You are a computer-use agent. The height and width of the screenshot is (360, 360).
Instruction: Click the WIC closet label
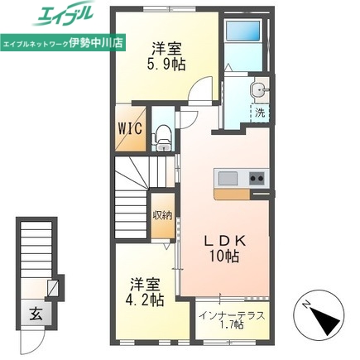point(130,128)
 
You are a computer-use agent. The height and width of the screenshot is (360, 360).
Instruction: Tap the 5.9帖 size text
point(166,65)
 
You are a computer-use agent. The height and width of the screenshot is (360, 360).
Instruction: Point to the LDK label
point(224,242)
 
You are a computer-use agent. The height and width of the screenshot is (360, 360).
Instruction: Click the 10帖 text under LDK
point(224,257)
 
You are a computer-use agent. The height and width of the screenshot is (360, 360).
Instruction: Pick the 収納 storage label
point(163,215)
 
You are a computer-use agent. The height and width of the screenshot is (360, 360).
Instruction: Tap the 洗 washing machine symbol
point(260,113)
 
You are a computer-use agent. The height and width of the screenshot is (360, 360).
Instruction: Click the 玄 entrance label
point(36,314)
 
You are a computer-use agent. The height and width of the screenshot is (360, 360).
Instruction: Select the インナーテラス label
point(233,315)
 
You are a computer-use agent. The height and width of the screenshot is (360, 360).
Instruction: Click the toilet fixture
point(163,138)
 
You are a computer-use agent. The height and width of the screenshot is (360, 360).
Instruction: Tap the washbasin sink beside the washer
point(258,89)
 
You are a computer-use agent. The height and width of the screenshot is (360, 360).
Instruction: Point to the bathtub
point(243,31)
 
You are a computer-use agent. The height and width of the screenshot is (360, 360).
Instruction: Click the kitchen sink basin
point(228,179)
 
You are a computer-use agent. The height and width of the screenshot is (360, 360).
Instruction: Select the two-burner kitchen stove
point(257,178)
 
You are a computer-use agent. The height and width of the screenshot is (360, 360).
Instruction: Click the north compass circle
point(317,314)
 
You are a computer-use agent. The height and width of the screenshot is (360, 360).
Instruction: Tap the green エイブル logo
point(64,14)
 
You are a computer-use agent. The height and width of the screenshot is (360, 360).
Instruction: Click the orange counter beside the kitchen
point(233,194)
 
